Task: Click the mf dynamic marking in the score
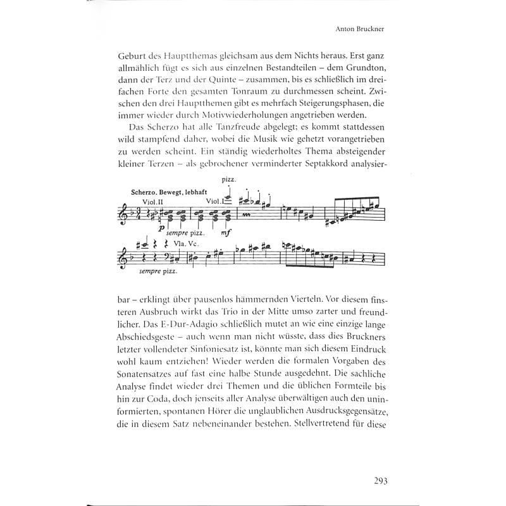(227, 232)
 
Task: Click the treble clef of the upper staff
(123, 215)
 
